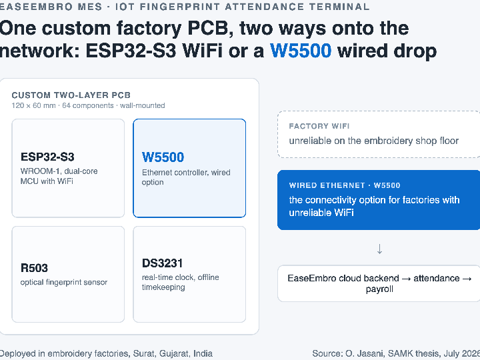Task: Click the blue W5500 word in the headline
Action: pyautogui.click(x=301, y=51)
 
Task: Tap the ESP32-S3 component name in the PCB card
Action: pyautogui.click(x=47, y=157)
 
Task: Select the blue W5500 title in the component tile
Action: pyautogui.click(x=163, y=157)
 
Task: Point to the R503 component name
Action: pyautogui.click(x=34, y=268)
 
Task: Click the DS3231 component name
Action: pyautogui.click(x=162, y=263)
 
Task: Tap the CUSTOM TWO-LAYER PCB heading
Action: pyautogui.click(x=71, y=95)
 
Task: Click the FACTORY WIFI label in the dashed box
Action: pyautogui.click(x=319, y=126)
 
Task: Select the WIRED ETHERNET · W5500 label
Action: pyautogui.click(x=345, y=185)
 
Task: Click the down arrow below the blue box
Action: pyautogui.click(x=379, y=249)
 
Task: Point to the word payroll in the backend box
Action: pyautogui.click(x=379, y=289)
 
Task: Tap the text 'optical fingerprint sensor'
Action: pyautogui.click(x=64, y=282)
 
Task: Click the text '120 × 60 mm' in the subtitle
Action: pyautogui.click(x=34, y=105)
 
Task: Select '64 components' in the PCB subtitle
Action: pyautogui.click(x=88, y=105)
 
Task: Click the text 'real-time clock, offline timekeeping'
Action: pyautogui.click(x=180, y=282)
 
